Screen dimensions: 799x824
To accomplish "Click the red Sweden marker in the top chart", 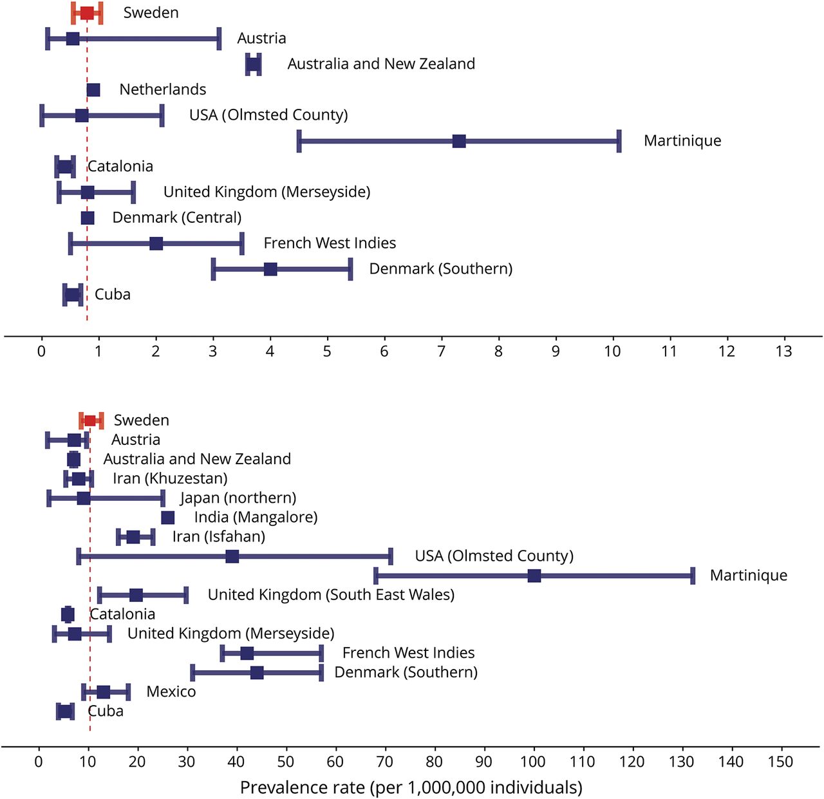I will click(x=86, y=13).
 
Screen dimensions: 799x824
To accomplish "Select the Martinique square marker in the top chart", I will click(x=459, y=141).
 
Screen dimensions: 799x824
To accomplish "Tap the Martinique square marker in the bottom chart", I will click(x=534, y=576).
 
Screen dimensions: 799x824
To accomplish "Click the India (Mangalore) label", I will click(x=256, y=517).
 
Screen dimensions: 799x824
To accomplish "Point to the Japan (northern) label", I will click(x=238, y=498).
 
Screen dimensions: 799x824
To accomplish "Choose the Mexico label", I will click(x=171, y=691).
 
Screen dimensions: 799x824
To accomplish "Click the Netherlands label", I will click(x=163, y=89).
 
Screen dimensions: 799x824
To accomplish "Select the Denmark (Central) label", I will click(x=177, y=218).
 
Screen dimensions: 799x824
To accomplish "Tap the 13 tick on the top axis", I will click(x=784, y=351).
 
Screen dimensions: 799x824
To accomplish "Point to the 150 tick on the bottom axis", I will click(x=781, y=762).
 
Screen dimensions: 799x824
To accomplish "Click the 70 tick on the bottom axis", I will click(x=385, y=762).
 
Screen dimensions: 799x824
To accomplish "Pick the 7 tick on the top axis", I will click(x=441, y=351).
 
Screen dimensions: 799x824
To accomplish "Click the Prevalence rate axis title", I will click(x=411, y=787).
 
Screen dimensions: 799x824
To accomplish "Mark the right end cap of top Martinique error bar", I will click(x=619, y=141).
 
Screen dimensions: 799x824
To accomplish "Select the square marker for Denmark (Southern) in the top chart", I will click(x=270, y=269).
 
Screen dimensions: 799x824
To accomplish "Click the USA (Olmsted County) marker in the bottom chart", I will click(x=232, y=556).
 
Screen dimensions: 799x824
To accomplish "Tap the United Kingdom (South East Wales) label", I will click(x=331, y=595).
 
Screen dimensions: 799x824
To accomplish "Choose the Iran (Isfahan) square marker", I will click(x=133, y=537).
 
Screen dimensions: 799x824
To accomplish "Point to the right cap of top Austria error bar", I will click(x=220, y=39).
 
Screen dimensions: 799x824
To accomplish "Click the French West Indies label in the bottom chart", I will click(x=408, y=653).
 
